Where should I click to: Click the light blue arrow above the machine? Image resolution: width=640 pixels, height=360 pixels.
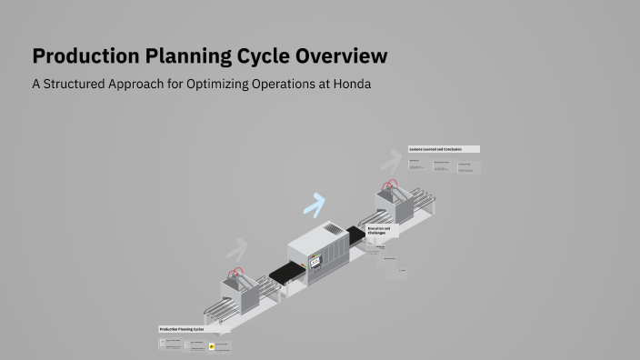[x=314, y=206]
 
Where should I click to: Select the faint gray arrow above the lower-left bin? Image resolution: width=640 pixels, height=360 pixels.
[x=237, y=248]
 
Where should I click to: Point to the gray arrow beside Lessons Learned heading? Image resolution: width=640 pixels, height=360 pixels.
[x=391, y=162]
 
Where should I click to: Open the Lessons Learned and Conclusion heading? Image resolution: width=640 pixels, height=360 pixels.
[x=443, y=148]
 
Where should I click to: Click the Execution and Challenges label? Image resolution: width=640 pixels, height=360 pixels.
[x=379, y=231]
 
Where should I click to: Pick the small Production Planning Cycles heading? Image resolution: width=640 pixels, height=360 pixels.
[x=181, y=329]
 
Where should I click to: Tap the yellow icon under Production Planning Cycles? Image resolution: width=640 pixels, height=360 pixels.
[x=212, y=346]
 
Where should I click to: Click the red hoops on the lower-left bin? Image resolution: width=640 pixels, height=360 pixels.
[x=237, y=273]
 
